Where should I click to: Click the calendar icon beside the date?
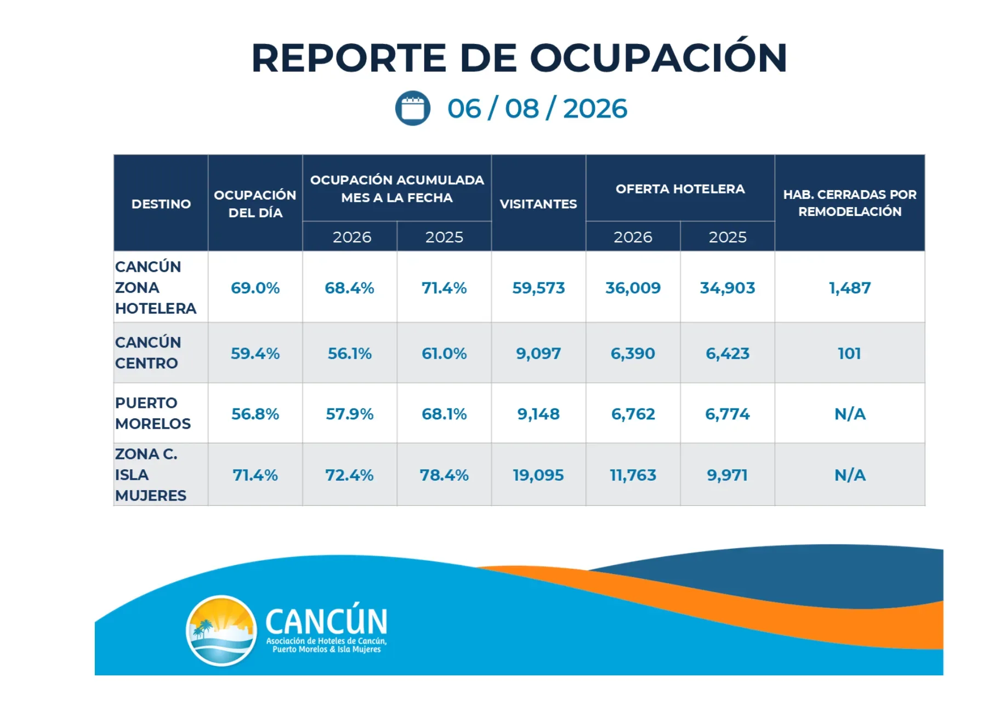point(412,108)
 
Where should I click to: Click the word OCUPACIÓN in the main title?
point(658,57)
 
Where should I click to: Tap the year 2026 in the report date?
point(595,109)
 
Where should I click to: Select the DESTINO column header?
point(161,204)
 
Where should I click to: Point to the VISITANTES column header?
point(538,204)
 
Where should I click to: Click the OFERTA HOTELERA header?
point(680,189)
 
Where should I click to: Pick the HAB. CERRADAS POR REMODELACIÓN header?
point(850,203)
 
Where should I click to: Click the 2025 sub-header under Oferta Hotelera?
point(728,237)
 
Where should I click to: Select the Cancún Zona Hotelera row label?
point(156,287)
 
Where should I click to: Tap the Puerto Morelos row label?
point(153,413)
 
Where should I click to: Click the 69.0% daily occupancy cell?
point(255,288)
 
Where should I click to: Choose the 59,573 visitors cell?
point(538,288)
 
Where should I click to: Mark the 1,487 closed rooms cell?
point(850,288)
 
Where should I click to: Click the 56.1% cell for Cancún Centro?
point(350,354)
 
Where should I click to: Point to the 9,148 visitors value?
point(538,414)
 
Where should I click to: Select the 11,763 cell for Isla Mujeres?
point(633,475)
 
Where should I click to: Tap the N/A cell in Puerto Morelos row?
point(850,414)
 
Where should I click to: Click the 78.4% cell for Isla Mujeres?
point(444,475)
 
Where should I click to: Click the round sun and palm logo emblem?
point(222,630)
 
